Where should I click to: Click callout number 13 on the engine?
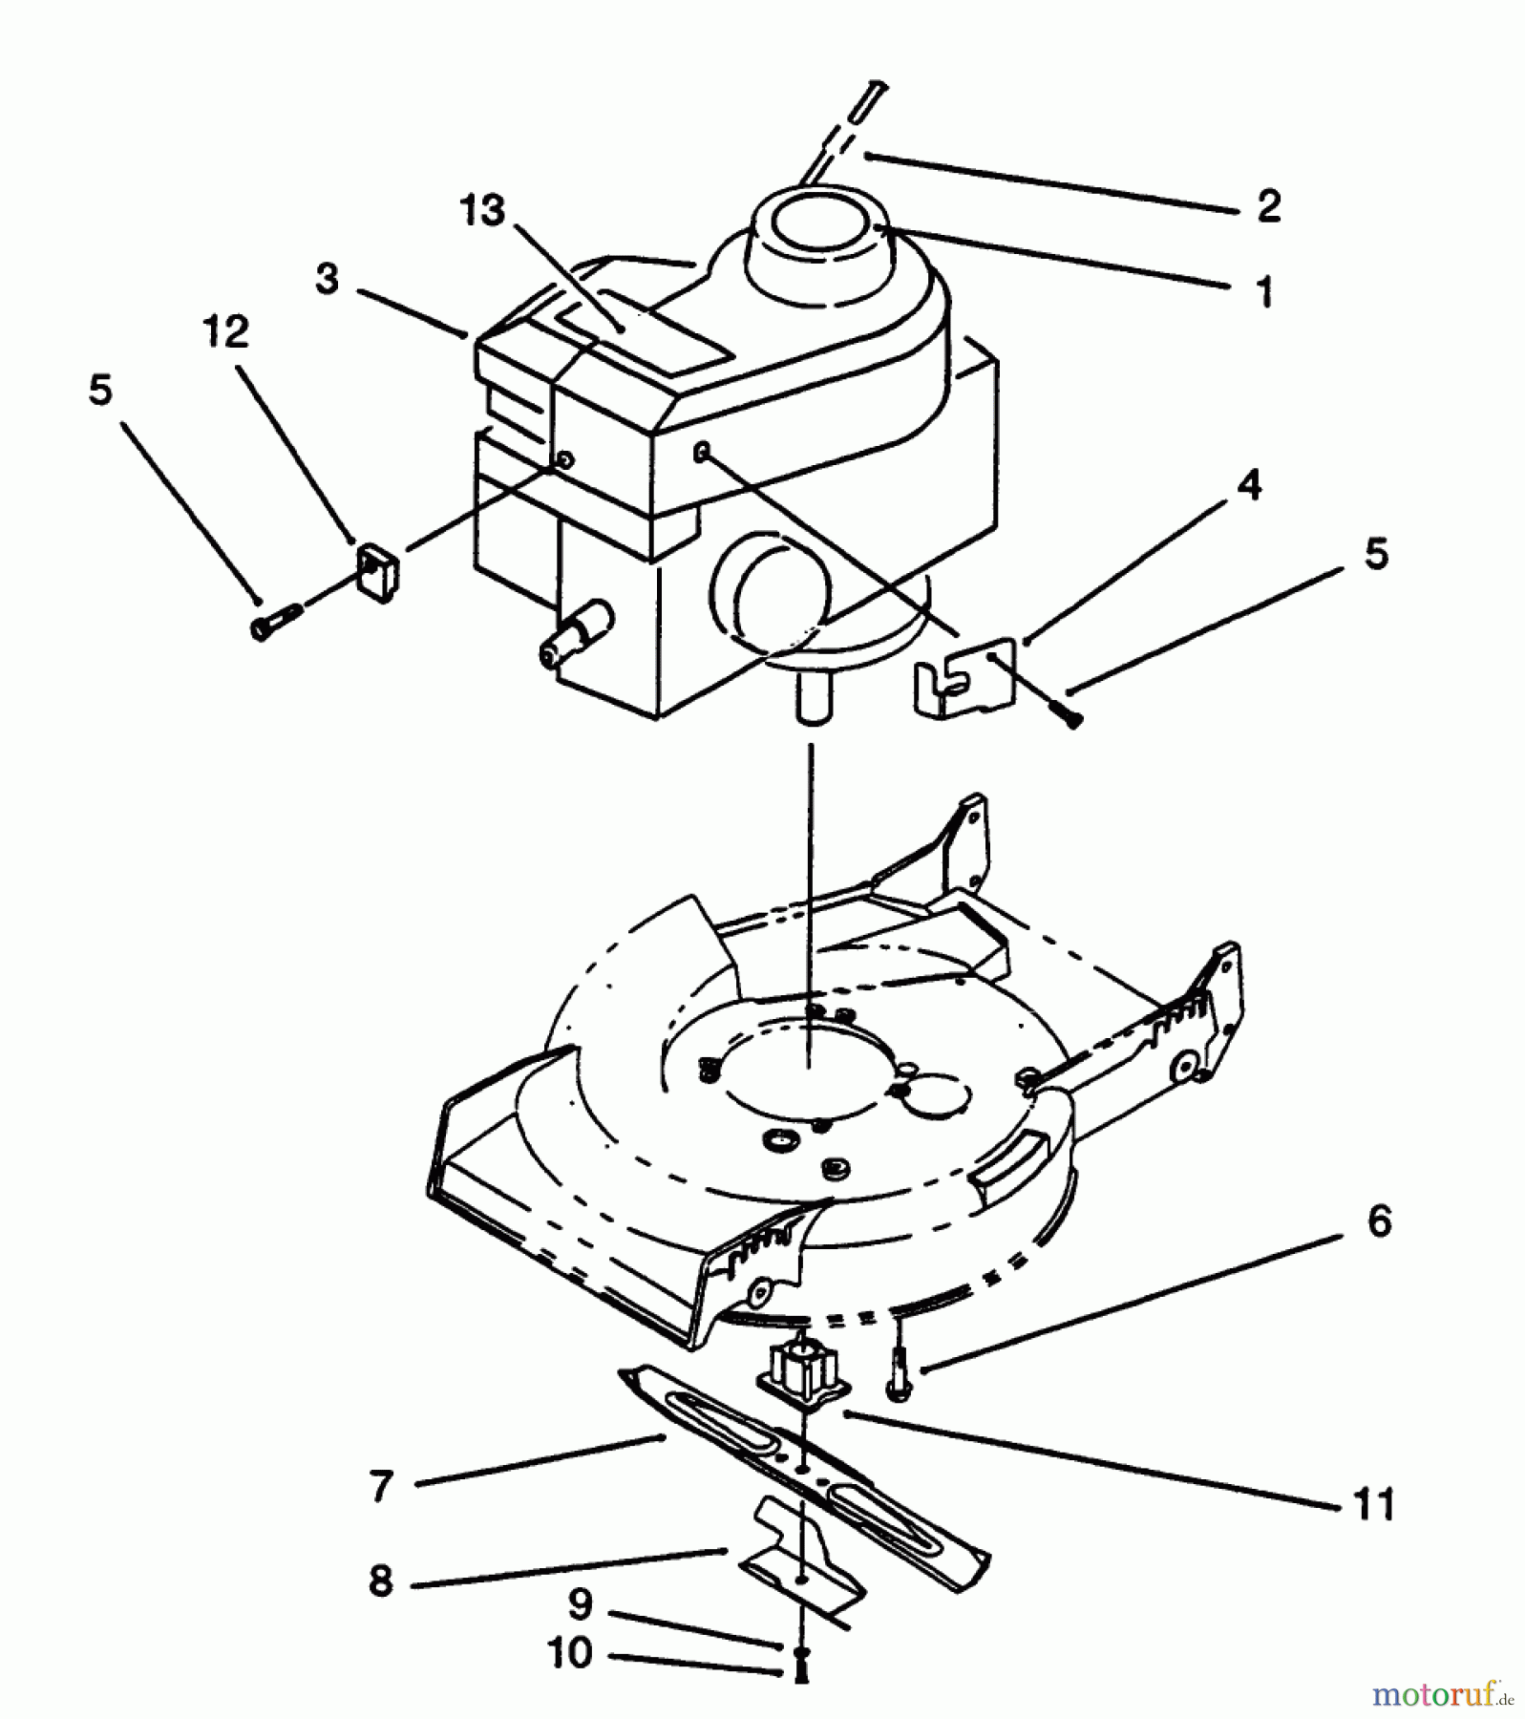point(482,211)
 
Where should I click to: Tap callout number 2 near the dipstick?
point(1268,206)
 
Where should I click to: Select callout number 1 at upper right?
point(1265,292)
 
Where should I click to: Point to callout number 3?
point(328,280)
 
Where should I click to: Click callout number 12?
point(226,331)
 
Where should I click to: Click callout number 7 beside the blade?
point(380,1486)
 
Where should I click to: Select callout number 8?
point(380,1581)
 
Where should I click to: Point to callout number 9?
point(581,1604)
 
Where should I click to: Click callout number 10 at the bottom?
point(570,1652)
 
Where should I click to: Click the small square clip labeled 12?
point(378,572)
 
